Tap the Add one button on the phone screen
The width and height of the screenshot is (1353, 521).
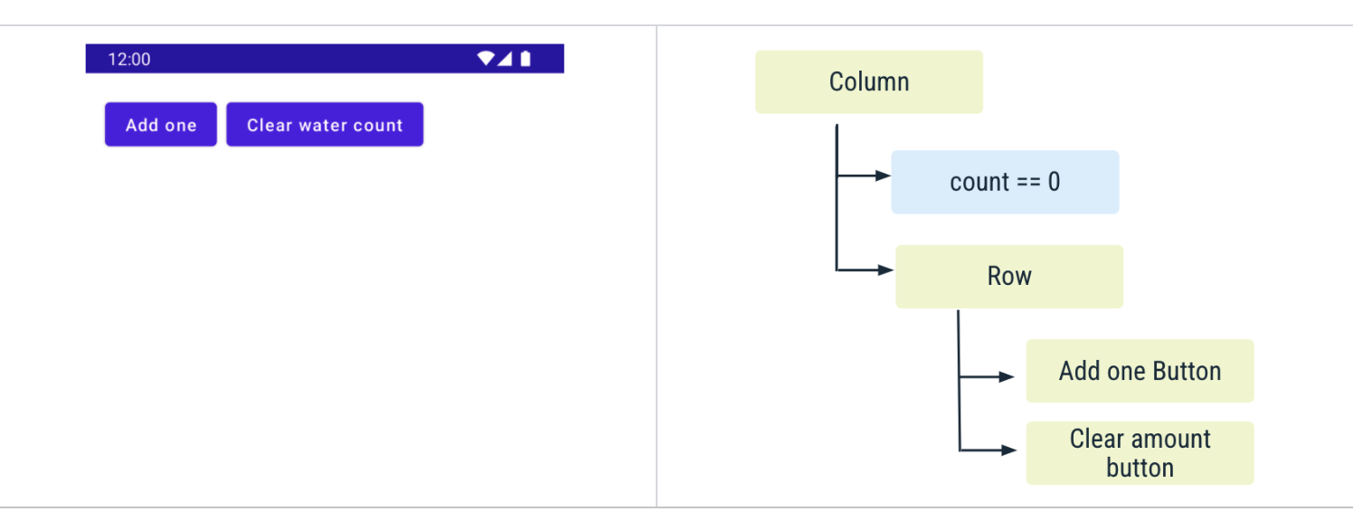click(161, 125)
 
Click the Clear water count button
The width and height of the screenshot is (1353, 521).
click(325, 125)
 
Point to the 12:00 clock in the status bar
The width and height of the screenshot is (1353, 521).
click(129, 59)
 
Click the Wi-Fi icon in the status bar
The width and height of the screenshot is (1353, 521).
click(486, 58)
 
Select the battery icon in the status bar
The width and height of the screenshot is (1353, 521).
click(525, 58)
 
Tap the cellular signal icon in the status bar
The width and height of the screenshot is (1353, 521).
click(505, 58)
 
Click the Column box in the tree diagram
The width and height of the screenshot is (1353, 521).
click(869, 82)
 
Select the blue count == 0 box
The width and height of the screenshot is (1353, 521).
click(1005, 182)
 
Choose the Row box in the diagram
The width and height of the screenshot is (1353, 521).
click(1009, 276)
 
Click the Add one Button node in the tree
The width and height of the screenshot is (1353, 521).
click(1140, 371)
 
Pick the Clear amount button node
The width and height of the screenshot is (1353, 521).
click(1140, 453)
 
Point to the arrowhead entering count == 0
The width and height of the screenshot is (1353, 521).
click(884, 175)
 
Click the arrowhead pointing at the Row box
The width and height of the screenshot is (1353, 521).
click(886, 270)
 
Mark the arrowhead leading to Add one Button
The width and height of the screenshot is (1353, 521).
click(1007, 377)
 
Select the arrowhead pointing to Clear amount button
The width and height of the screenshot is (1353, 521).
click(1008, 450)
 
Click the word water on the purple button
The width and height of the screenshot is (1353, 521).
click(323, 125)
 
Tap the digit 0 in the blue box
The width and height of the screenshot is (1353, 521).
click(1054, 181)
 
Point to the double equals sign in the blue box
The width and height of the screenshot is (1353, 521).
click(1028, 182)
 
